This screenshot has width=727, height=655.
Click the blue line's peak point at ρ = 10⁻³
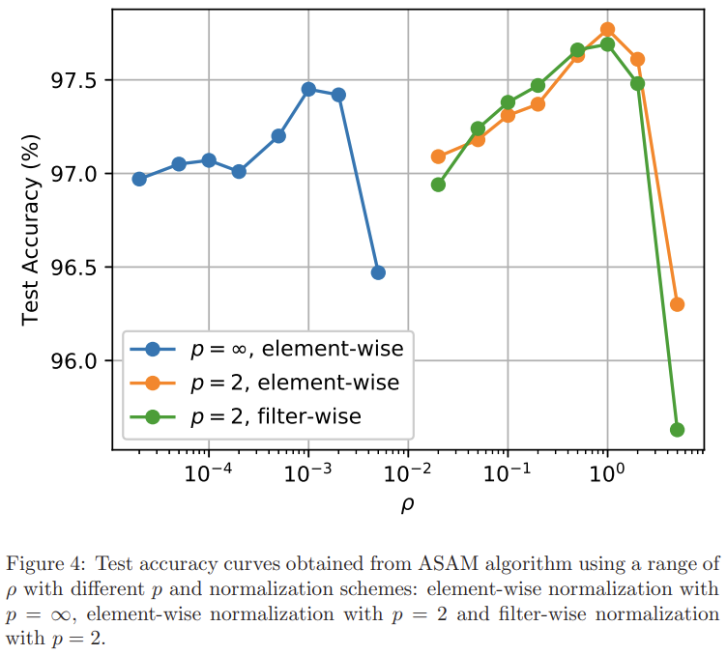pyautogui.click(x=308, y=89)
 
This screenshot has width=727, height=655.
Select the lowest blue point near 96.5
pyautogui.click(x=378, y=272)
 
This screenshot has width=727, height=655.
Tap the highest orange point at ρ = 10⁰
pyautogui.click(x=607, y=29)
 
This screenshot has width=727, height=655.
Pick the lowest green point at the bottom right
pyautogui.click(x=677, y=430)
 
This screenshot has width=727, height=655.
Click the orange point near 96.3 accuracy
pyautogui.click(x=677, y=304)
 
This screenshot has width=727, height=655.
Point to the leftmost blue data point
pyautogui.click(x=139, y=179)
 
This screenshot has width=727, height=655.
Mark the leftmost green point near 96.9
pyautogui.click(x=438, y=185)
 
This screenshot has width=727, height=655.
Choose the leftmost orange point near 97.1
pyautogui.click(x=438, y=157)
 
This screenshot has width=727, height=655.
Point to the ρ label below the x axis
pyautogui.click(x=407, y=504)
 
